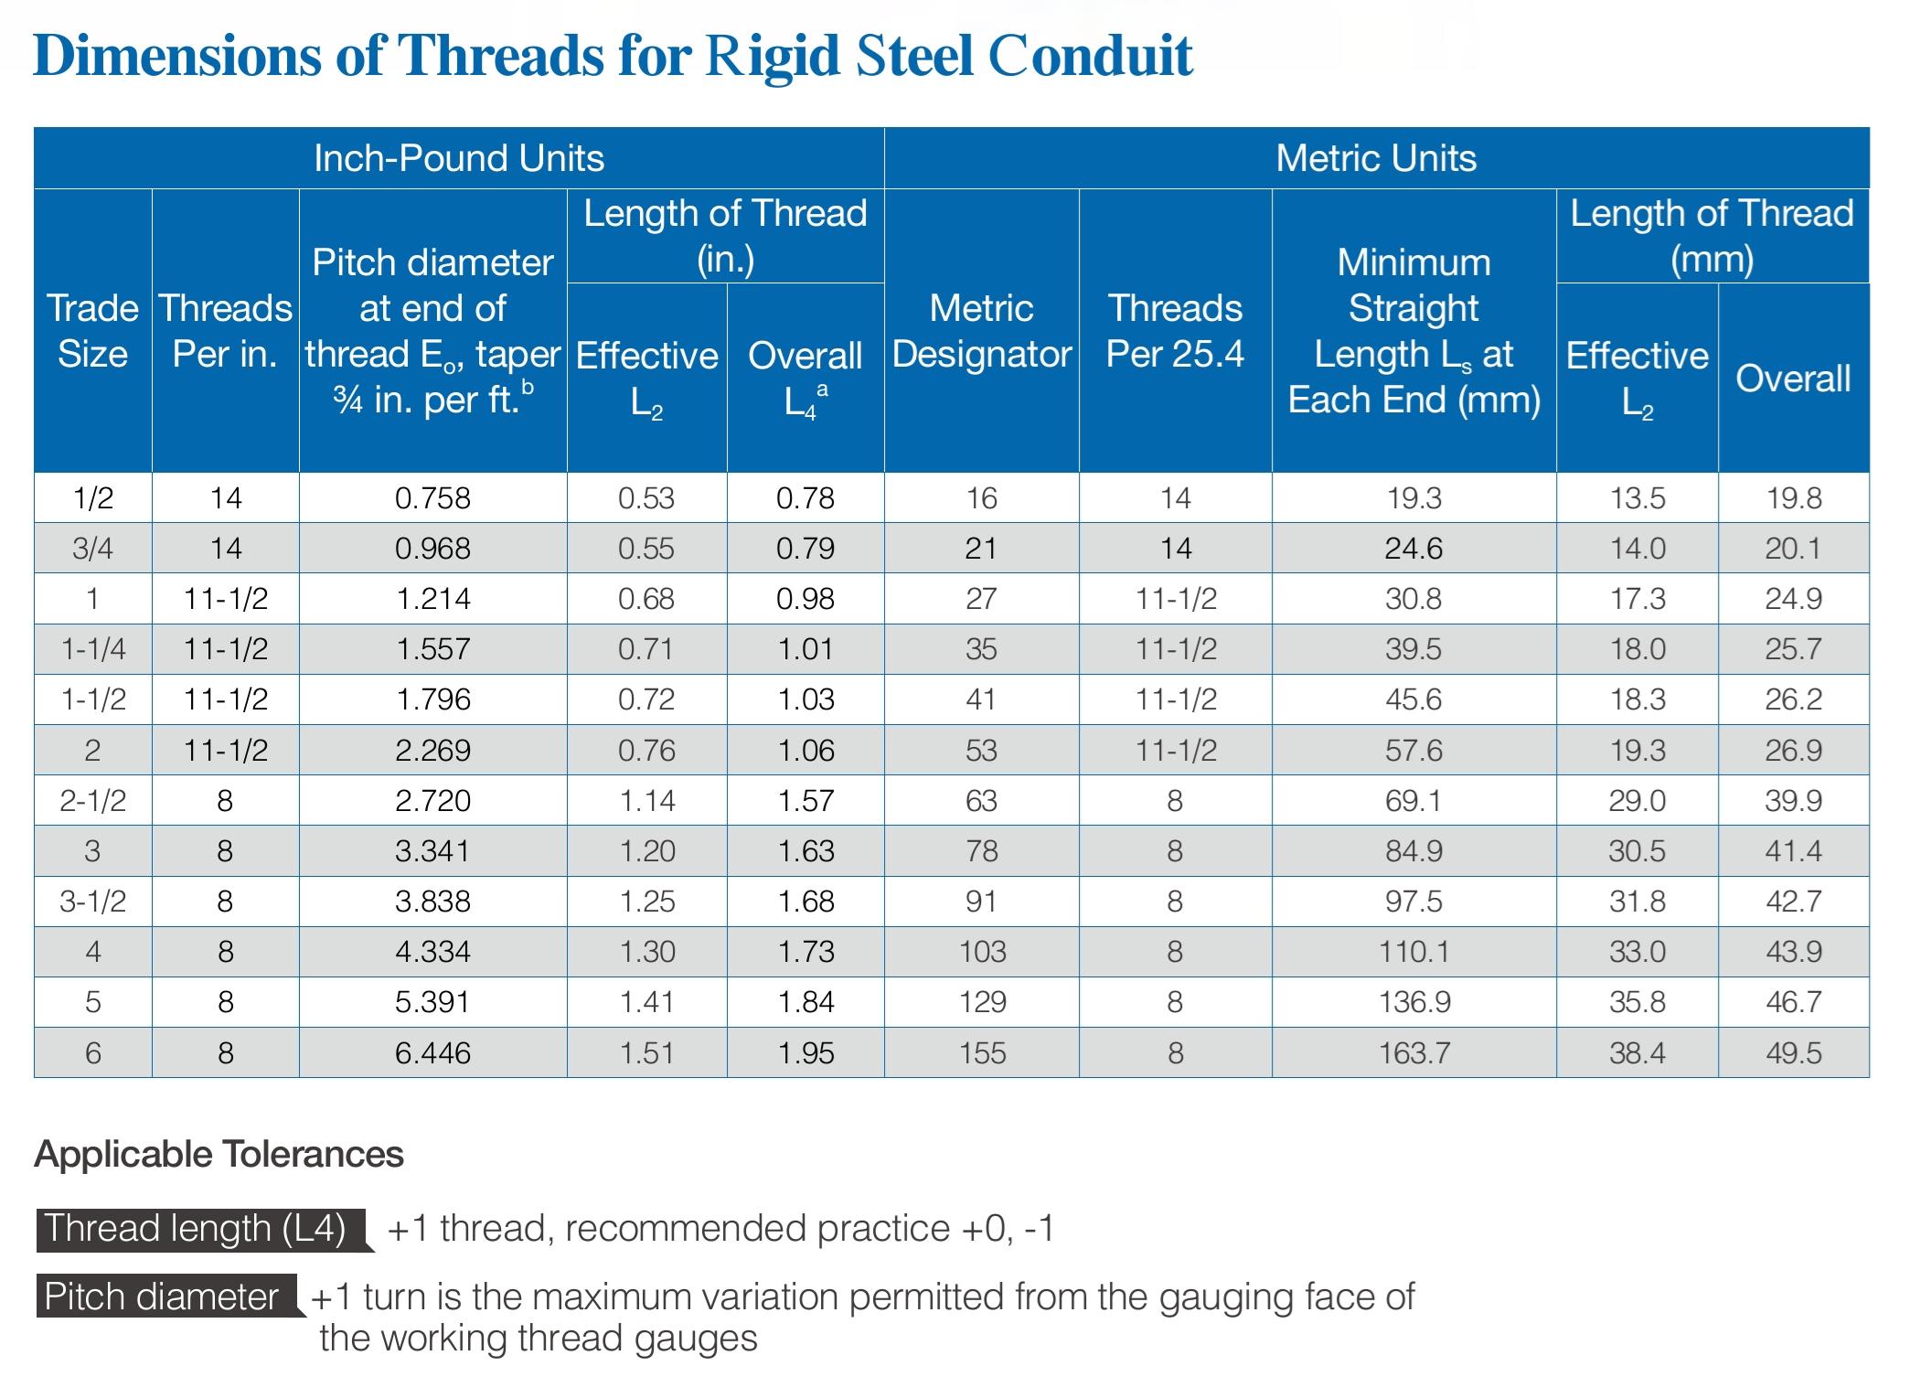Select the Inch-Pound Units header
pos(459,158)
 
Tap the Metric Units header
pos(1376,158)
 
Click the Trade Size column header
pos(92,331)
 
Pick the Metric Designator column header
pos(981,331)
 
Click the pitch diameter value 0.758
pos(432,498)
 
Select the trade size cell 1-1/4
pos(92,649)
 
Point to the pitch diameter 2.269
pos(432,751)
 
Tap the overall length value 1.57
pos(805,801)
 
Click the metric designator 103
pos(982,952)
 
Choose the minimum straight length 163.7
pos(1413,1053)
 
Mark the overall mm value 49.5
pos(1793,1053)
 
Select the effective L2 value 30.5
pos(1637,851)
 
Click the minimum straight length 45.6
pos(1413,699)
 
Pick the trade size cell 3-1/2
pos(92,902)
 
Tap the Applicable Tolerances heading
pos(219,1155)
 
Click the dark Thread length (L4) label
pos(195,1229)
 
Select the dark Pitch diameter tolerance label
pos(162,1297)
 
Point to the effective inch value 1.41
pos(646,1002)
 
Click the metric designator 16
pos(981,498)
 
